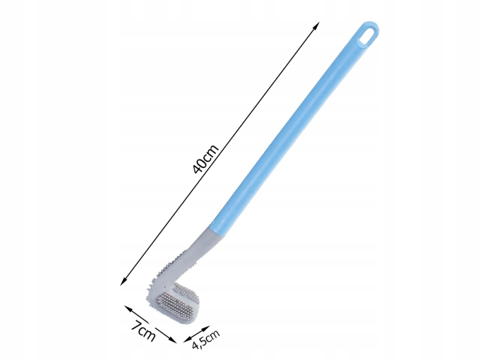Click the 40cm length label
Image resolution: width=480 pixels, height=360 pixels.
[x=206, y=158]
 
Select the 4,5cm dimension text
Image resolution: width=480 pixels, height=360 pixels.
[x=206, y=339]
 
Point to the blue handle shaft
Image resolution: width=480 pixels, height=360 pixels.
[x=294, y=128]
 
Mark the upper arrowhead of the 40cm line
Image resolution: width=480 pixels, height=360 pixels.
[x=317, y=25]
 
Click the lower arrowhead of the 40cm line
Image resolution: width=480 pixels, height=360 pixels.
[x=124, y=281]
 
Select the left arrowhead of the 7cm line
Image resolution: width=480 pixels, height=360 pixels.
[x=128, y=308]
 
